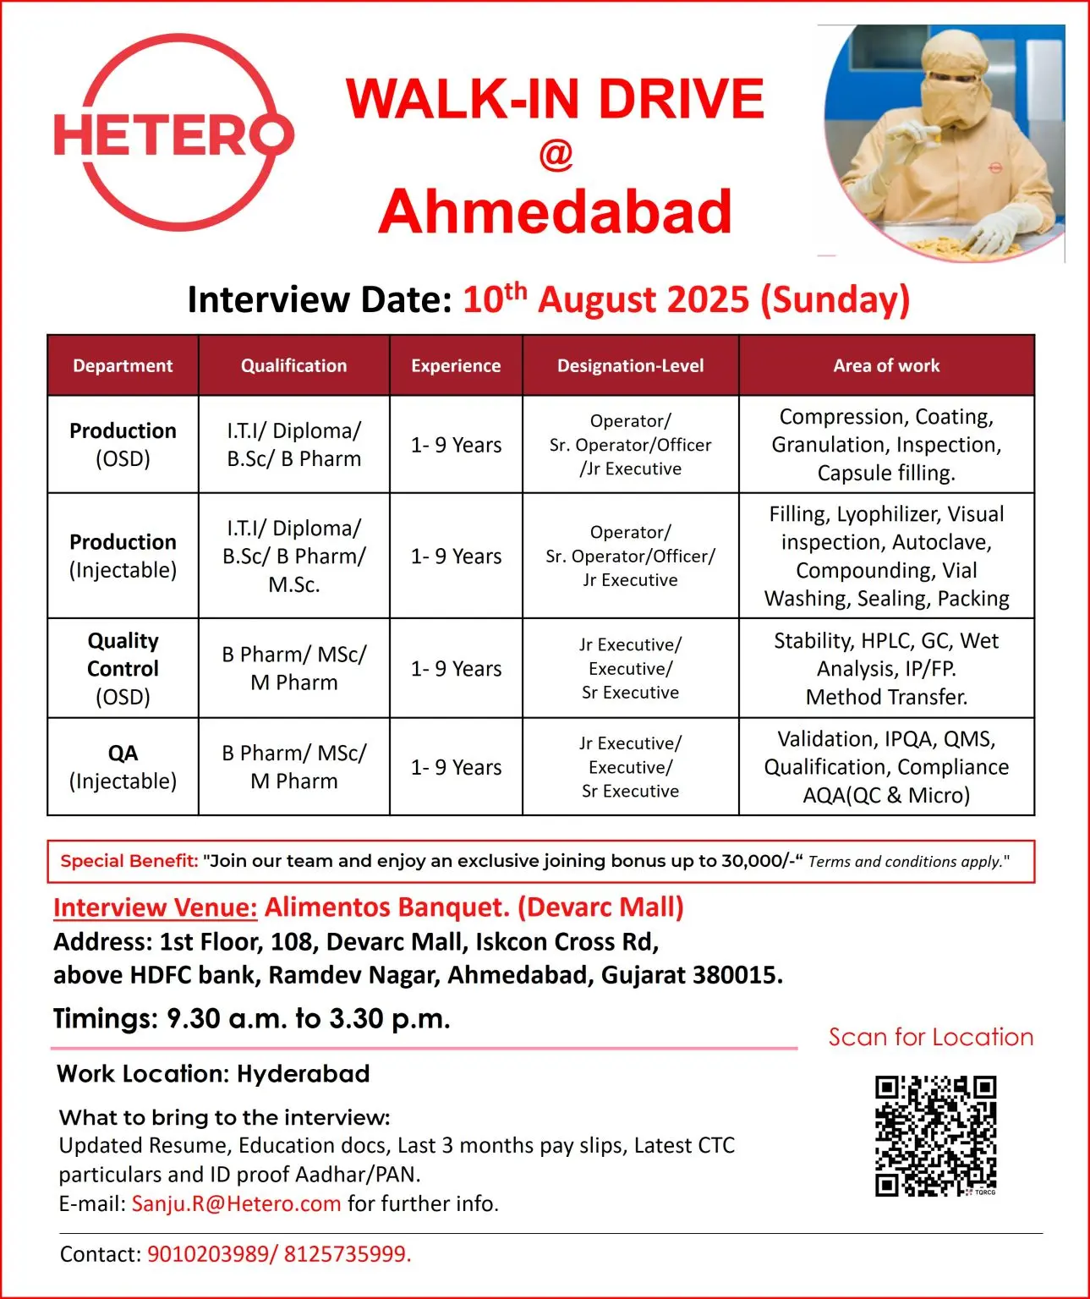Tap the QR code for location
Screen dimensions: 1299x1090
(x=935, y=1136)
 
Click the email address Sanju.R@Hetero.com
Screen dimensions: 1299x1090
(x=236, y=1203)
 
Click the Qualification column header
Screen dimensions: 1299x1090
(x=293, y=365)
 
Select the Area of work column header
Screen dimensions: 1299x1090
(x=886, y=365)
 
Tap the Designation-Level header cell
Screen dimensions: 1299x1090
(x=630, y=365)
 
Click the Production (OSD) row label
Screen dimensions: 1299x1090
(x=123, y=444)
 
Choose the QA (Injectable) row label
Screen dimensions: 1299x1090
(x=123, y=766)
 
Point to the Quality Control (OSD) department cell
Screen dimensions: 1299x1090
(x=123, y=668)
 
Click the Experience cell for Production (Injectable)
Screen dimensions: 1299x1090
(x=456, y=556)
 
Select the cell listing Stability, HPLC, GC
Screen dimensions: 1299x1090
(x=886, y=668)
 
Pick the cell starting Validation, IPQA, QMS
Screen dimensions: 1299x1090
(x=886, y=766)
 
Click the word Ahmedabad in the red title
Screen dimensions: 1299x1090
(x=555, y=211)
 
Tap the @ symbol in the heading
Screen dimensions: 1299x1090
(x=556, y=155)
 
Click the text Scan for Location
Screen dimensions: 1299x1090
(x=930, y=1037)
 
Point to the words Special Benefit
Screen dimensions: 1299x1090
(x=129, y=861)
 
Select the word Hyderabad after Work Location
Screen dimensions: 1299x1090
(x=304, y=1074)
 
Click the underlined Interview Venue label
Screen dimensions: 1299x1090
(x=155, y=907)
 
